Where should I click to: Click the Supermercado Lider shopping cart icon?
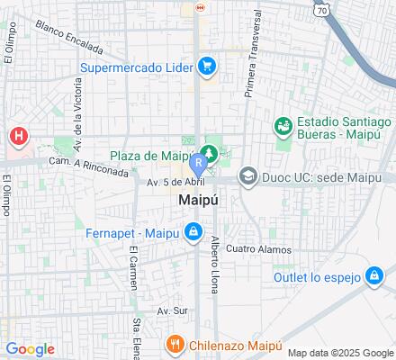point(207,66)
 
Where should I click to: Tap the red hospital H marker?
point(18,136)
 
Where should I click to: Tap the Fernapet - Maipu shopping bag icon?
point(193,232)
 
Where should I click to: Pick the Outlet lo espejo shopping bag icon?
point(373,276)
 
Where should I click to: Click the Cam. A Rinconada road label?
point(88,166)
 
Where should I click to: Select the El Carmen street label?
point(131,268)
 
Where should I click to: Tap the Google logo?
point(30,349)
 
